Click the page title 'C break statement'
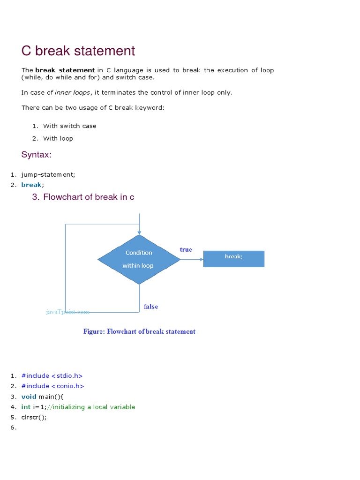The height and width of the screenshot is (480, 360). [x=78, y=51]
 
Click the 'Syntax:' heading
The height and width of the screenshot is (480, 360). [x=36, y=155]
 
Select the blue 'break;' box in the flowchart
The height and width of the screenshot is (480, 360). [x=233, y=259]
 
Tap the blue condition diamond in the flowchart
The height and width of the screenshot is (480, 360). [x=139, y=259]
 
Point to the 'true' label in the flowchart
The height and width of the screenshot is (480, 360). [x=186, y=250]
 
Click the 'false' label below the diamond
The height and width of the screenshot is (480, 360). [x=151, y=307]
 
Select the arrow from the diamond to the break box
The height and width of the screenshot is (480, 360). [x=192, y=259]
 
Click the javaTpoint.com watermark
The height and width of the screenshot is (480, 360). [x=67, y=312]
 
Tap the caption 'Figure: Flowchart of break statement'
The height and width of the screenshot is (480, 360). [x=139, y=331]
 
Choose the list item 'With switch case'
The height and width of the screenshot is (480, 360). [x=70, y=126]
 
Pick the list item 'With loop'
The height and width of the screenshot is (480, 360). [x=58, y=139]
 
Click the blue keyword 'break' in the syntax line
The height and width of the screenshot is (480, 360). [x=31, y=185]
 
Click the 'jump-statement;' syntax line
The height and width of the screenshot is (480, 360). [x=48, y=174]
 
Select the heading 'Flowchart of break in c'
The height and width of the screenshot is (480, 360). [x=89, y=197]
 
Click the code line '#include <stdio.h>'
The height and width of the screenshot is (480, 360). [x=52, y=376]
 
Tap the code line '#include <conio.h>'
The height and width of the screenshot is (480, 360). [x=52, y=386]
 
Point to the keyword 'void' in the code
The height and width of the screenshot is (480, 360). [x=29, y=397]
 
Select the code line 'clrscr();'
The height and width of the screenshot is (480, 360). [x=34, y=417]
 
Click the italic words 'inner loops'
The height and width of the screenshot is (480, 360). [x=73, y=92]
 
